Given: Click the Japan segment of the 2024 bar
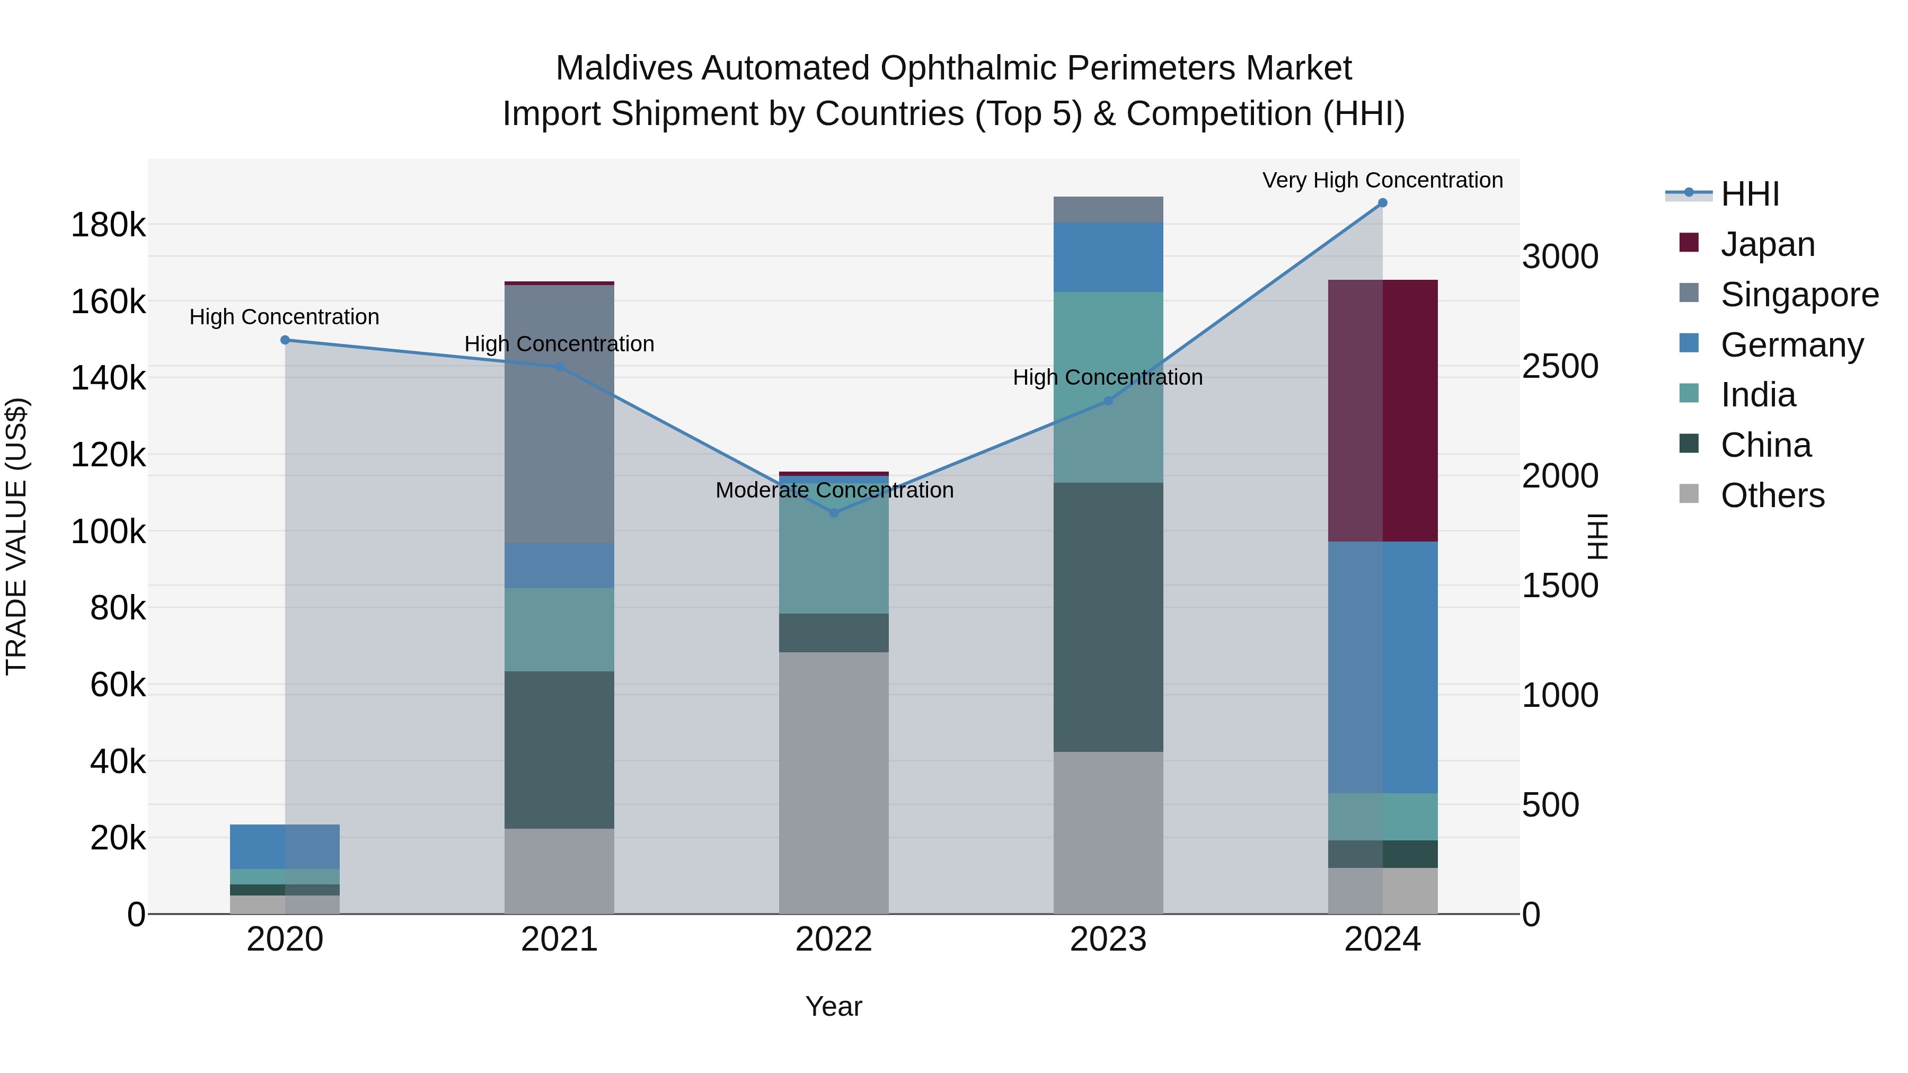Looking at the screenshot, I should [x=1382, y=411].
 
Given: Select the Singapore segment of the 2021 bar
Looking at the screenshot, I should [x=559, y=415].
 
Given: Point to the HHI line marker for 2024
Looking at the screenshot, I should [x=1382, y=203].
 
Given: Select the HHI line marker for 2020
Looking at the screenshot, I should [x=285, y=340].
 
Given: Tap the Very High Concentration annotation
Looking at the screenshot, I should [x=1382, y=181].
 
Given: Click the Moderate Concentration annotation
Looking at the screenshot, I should [x=834, y=490].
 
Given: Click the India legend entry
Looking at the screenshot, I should [x=1757, y=395].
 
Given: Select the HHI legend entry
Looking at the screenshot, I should [x=1750, y=194].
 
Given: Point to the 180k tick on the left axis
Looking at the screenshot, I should [x=108, y=225].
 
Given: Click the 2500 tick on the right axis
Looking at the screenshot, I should [x=1560, y=367].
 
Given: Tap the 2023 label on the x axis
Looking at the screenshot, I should [x=1108, y=939].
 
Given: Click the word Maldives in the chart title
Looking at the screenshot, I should [x=624, y=68].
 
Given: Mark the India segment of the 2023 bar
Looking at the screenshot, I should [x=1108, y=387].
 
